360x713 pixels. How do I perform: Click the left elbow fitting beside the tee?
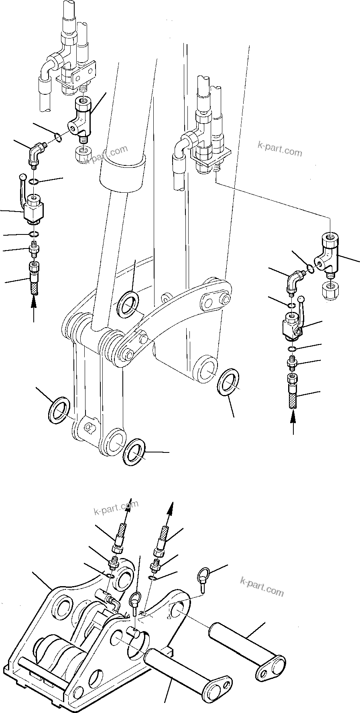click(35, 155)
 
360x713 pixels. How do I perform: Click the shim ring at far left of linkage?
click(60, 410)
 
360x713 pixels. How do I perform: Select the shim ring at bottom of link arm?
click(135, 452)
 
